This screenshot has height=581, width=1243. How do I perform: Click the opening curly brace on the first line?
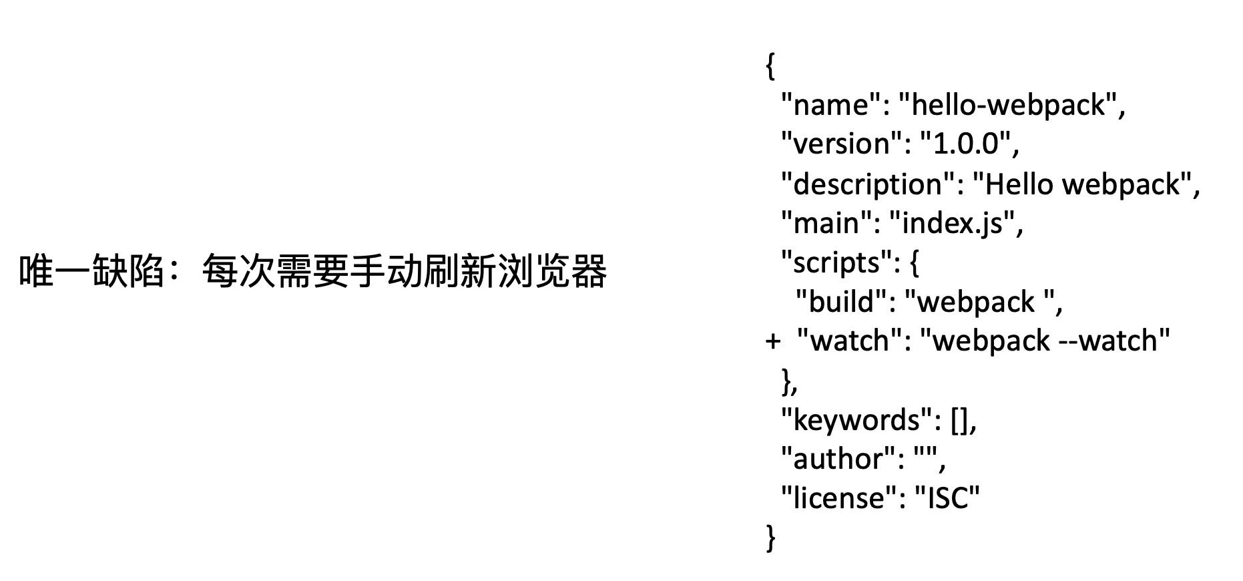(770, 66)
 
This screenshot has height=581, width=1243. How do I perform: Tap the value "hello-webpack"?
(1007, 106)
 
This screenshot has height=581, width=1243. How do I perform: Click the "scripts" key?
(837, 263)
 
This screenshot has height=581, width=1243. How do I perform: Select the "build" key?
(840, 302)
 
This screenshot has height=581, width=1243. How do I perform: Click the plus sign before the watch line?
(772, 341)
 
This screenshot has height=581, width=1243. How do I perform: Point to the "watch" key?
(850, 341)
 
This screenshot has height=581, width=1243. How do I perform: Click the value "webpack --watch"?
(1045, 341)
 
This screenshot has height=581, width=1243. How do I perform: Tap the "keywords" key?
(856, 420)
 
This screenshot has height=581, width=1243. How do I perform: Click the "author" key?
(837, 459)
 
